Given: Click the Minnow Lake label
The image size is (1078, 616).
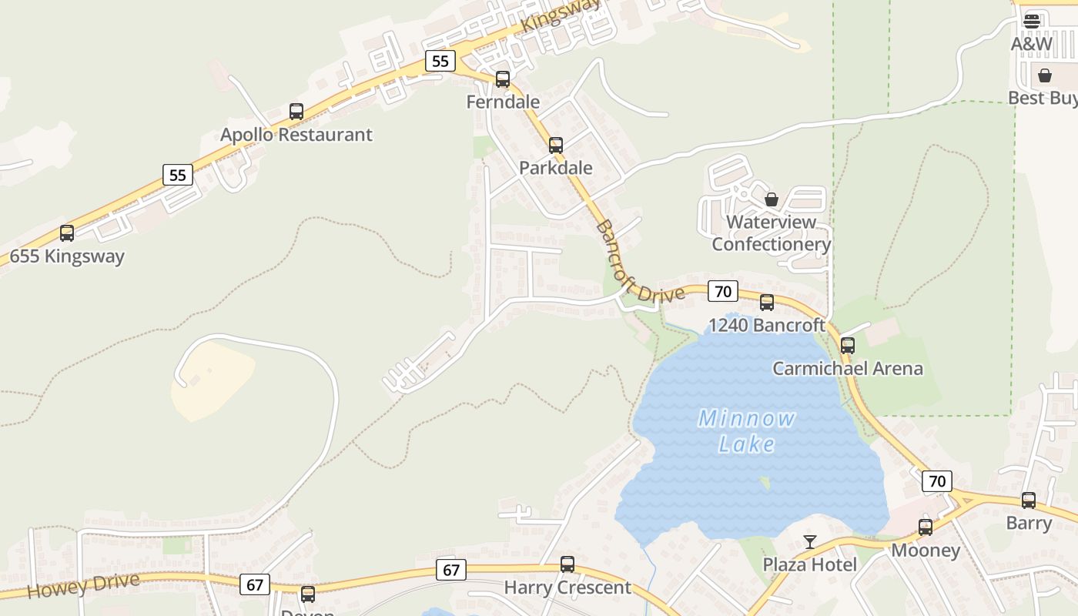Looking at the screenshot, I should (746, 431).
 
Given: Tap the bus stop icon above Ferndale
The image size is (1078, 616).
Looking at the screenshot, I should (503, 79).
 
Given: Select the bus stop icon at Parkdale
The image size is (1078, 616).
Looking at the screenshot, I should (556, 145).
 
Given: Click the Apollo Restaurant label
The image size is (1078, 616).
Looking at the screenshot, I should (296, 135).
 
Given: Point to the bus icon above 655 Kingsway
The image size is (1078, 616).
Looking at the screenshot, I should (67, 233).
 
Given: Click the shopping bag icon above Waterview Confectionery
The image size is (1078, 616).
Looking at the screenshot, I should (772, 199).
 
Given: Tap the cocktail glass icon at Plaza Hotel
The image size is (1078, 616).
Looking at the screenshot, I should (809, 542).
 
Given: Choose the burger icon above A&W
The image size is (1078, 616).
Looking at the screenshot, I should (1032, 21).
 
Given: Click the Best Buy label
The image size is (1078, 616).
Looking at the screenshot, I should (1043, 99).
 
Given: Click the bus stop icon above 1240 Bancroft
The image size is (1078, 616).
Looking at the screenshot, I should (767, 303).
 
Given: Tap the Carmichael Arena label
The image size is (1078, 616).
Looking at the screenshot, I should (847, 369).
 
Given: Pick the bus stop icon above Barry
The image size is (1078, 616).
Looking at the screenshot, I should (1029, 500).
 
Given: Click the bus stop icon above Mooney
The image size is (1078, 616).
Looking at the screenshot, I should (926, 527).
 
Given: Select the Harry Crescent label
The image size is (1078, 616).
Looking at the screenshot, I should (567, 588).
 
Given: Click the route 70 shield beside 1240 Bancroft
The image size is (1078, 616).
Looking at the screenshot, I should (722, 291).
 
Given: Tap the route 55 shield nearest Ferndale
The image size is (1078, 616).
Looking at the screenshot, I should (440, 61).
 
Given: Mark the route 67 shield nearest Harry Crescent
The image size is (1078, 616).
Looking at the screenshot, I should (451, 571).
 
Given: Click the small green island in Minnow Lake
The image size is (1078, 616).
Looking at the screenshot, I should (765, 483).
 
